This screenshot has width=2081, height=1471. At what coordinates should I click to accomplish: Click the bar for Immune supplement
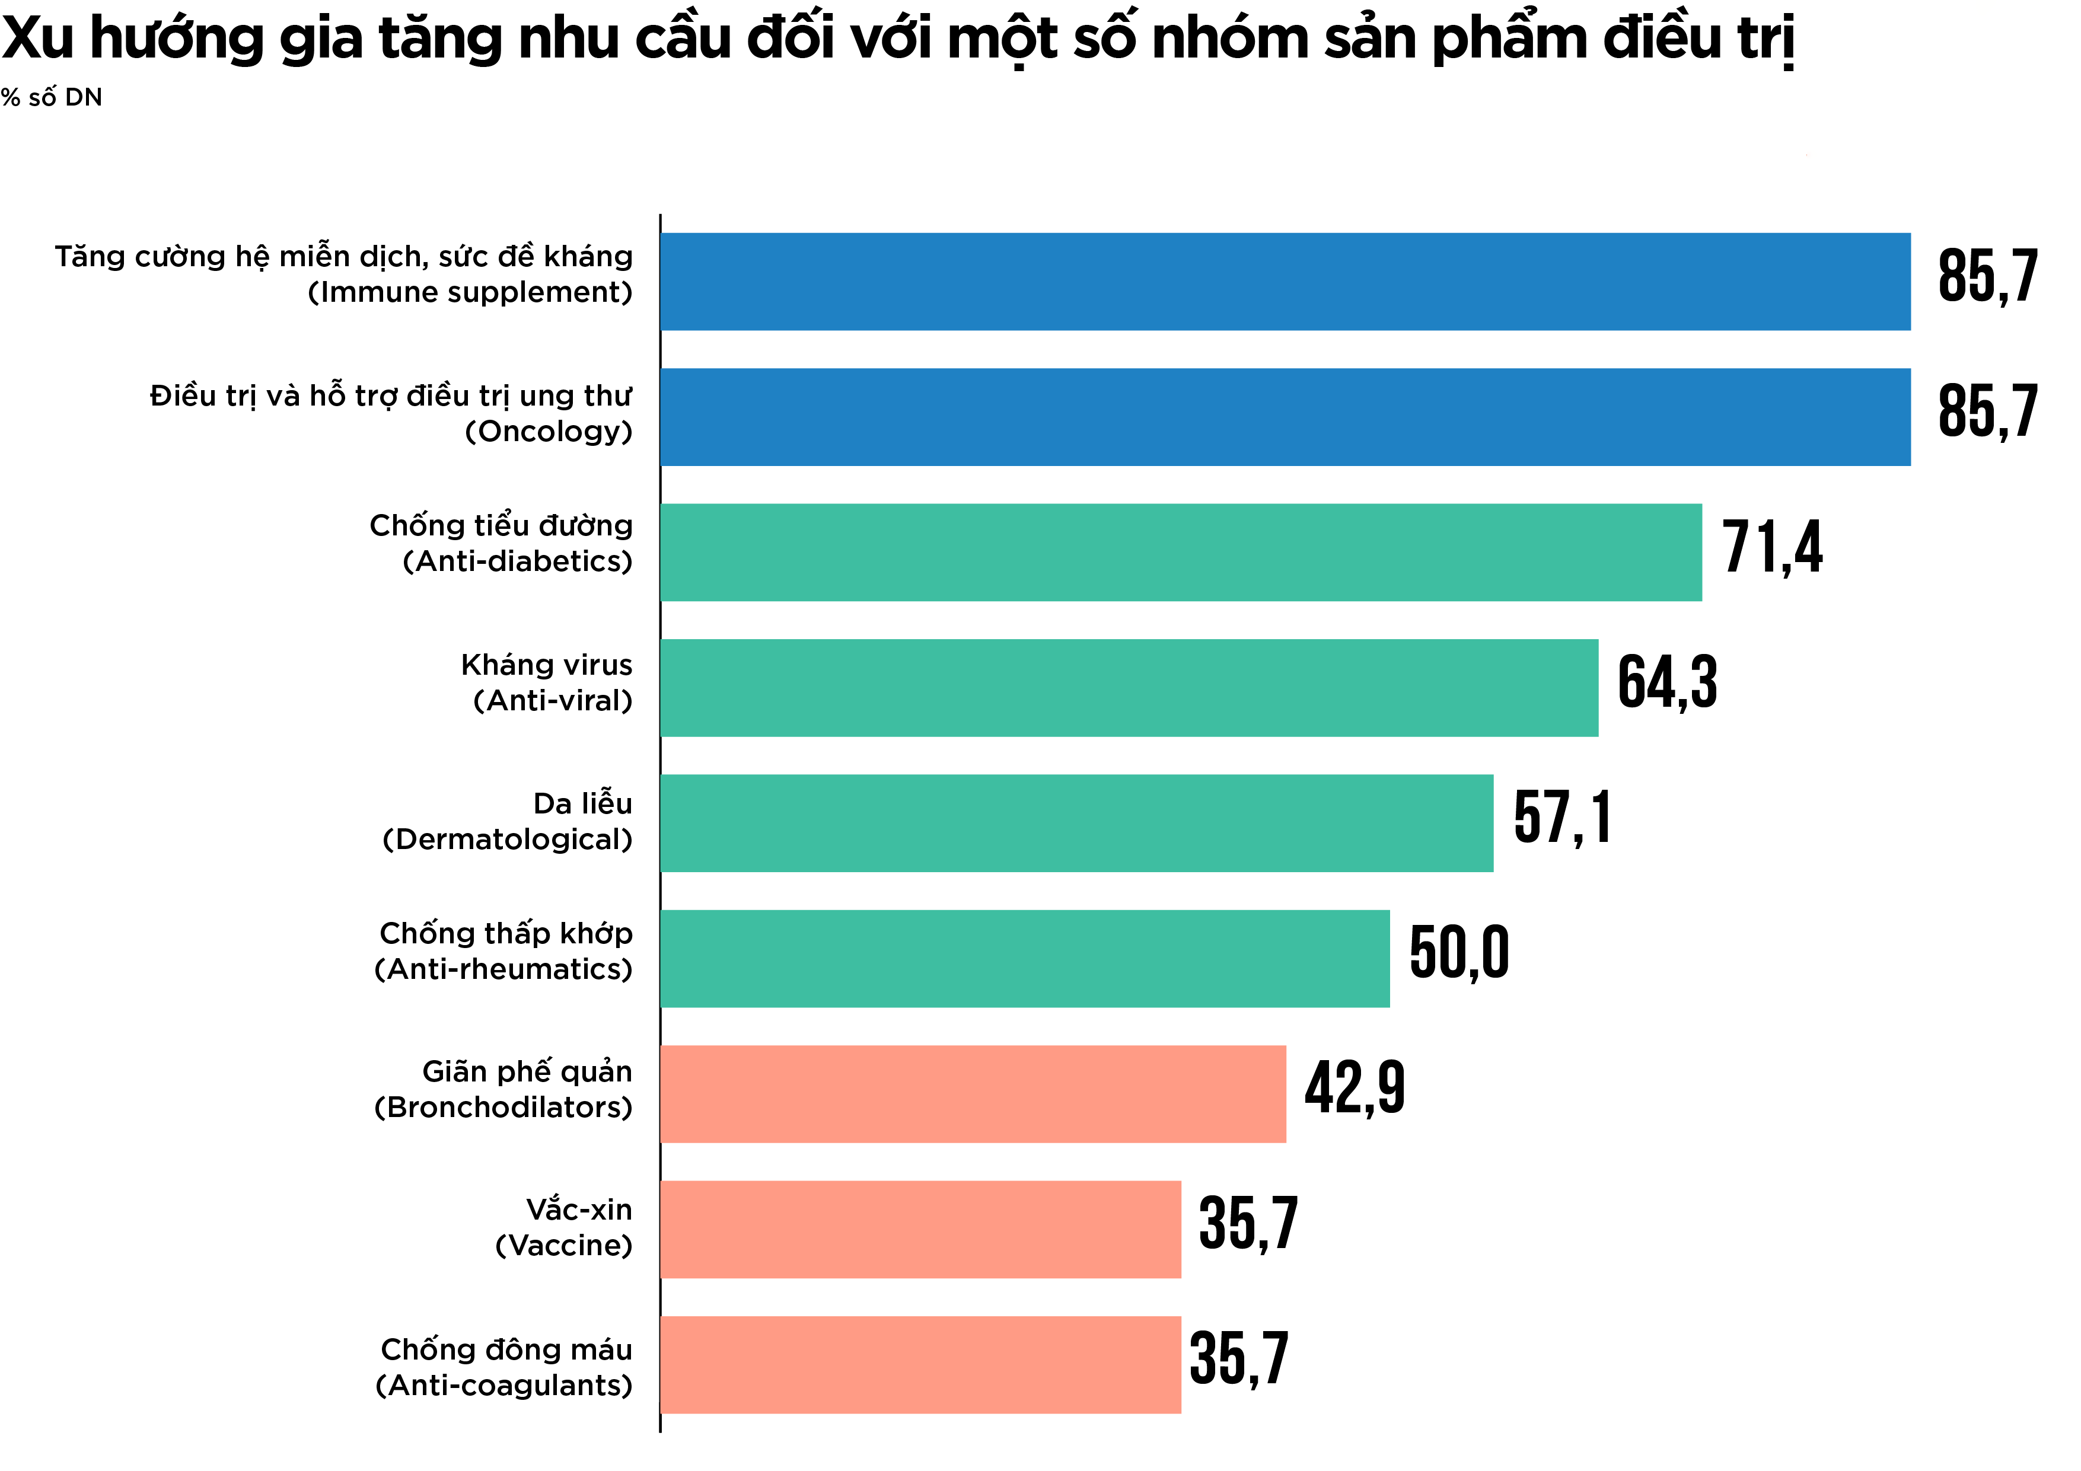[1285, 281]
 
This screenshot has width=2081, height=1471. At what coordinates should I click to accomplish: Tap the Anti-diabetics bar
[1180, 552]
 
